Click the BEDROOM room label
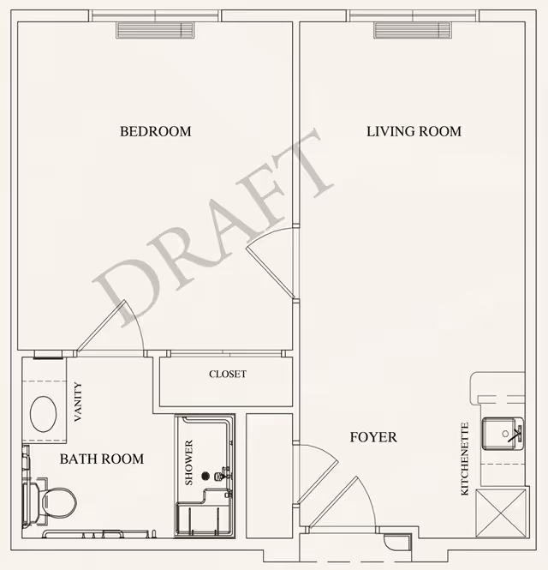click(155, 132)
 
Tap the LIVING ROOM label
click(414, 132)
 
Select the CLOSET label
click(227, 375)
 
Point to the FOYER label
click(373, 437)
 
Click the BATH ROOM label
click(101, 459)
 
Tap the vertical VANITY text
click(78, 402)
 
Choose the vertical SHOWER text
click(189, 463)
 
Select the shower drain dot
click(205, 476)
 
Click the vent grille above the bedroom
click(156, 30)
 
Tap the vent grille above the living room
click(413, 30)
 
